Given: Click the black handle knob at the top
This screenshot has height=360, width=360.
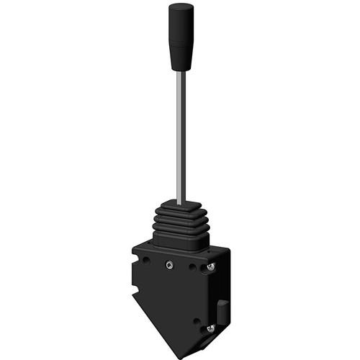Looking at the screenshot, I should [x=181, y=36].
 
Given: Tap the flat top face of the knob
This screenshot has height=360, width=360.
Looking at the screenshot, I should [x=181, y=6].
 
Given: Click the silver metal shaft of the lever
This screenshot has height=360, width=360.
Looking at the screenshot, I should [x=181, y=137].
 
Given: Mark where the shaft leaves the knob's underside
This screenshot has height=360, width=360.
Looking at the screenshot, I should [x=181, y=71].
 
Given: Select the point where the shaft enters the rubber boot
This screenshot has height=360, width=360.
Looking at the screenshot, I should [x=181, y=202].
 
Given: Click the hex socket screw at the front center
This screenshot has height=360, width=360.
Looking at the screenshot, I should [x=169, y=264].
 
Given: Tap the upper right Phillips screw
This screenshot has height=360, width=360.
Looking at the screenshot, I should [x=210, y=268].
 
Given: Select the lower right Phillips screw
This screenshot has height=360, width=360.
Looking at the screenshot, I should [x=210, y=328].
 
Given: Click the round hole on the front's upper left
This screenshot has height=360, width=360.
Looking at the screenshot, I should [x=146, y=260].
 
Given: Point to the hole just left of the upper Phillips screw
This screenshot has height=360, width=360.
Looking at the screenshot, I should [x=193, y=266].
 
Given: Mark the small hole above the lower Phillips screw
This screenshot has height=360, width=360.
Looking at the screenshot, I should [x=197, y=320].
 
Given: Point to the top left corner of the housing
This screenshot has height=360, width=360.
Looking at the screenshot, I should [x=134, y=248].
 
